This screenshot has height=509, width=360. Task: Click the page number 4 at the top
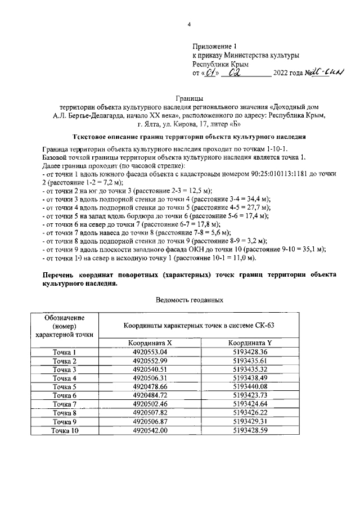pyautogui.click(x=189, y=24)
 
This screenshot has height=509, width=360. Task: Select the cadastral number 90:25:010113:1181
pyautogui.click(x=277, y=176)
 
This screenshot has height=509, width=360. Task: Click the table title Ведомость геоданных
pyautogui.click(x=189, y=300)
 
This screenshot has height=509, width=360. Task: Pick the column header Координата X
pyautogui.click(x=150, y=343)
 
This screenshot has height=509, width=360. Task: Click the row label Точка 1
pyautogui.click(x=64, y=353)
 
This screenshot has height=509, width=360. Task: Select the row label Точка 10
pyautogui.click(x=64, y=430)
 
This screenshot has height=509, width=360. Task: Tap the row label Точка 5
pyautogui.click(x=64, y=387)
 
